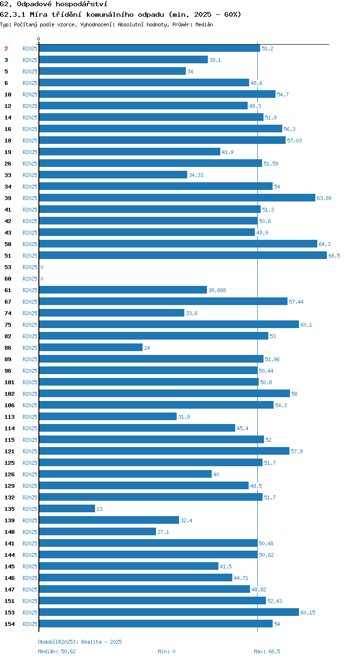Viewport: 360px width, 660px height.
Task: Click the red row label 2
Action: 6,48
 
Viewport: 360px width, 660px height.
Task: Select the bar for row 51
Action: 183,255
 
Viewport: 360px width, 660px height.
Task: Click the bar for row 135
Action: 67,508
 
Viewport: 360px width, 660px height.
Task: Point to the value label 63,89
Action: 324,198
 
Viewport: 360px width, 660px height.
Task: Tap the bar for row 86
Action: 91,347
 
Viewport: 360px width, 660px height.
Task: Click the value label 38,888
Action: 217,290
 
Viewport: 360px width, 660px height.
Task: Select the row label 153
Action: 10,613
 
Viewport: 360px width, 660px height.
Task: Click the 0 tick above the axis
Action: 38,39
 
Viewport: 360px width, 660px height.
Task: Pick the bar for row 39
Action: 177,198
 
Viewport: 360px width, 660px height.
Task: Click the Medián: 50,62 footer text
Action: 57,651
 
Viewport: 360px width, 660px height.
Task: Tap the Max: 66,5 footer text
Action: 267,651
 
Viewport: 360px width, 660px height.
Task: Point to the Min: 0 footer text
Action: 167,651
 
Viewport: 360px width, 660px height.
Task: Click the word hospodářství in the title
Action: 82,4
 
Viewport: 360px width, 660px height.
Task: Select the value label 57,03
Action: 294,141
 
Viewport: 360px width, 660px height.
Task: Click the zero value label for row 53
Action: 42,267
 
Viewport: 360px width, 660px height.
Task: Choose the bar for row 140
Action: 97,531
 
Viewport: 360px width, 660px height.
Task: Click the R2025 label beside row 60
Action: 30,279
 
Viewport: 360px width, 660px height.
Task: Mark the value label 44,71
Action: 241,578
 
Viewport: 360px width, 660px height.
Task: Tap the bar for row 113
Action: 108,416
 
